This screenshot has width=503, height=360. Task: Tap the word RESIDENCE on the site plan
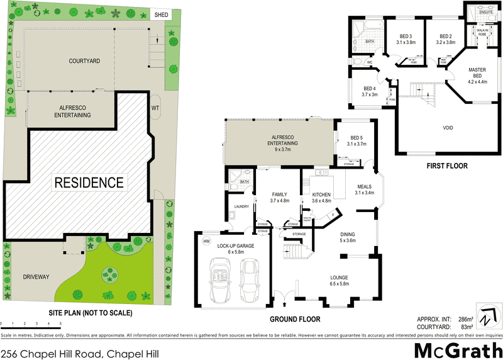click(89, 183)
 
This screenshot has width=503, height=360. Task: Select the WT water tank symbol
click(155, 108)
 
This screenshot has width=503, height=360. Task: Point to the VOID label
click(448, 128)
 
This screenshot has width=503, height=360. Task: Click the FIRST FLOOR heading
click(446, 166)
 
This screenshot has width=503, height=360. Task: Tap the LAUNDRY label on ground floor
click(241, 206)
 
